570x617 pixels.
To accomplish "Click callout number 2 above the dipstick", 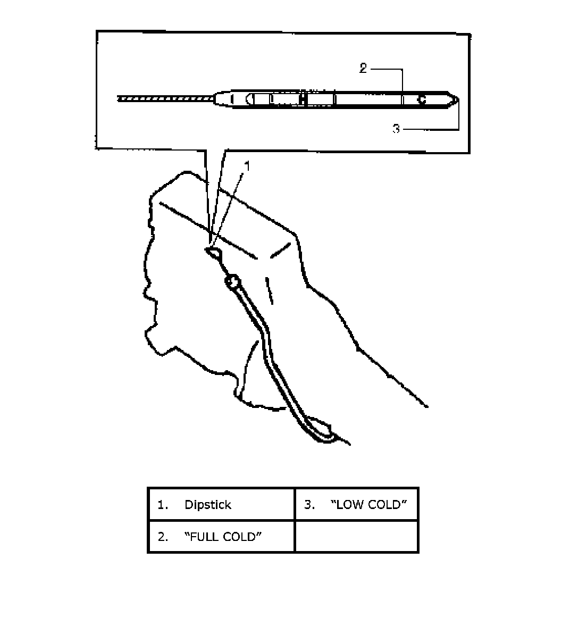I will coord(363,69).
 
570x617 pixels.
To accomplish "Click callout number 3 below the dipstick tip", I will coord(396,129).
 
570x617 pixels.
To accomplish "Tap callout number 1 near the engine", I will coord(247,166).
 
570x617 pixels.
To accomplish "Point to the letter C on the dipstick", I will coord(422,99).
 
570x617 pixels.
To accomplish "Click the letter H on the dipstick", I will coord(303,99).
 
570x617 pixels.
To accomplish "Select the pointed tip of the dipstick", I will coord(456,99).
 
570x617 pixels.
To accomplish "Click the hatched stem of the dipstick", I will coord(165,99).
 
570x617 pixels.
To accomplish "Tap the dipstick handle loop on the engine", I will coord(214,253).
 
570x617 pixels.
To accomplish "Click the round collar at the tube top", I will coord(232,281).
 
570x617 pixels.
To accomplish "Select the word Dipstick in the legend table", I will coord(207,505).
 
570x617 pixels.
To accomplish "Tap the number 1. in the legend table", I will coord(163,505).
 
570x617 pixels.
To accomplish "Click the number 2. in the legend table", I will coord(163,537).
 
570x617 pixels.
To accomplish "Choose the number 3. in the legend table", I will coord(309,505).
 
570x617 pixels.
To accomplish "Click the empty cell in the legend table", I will coord(356,536).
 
